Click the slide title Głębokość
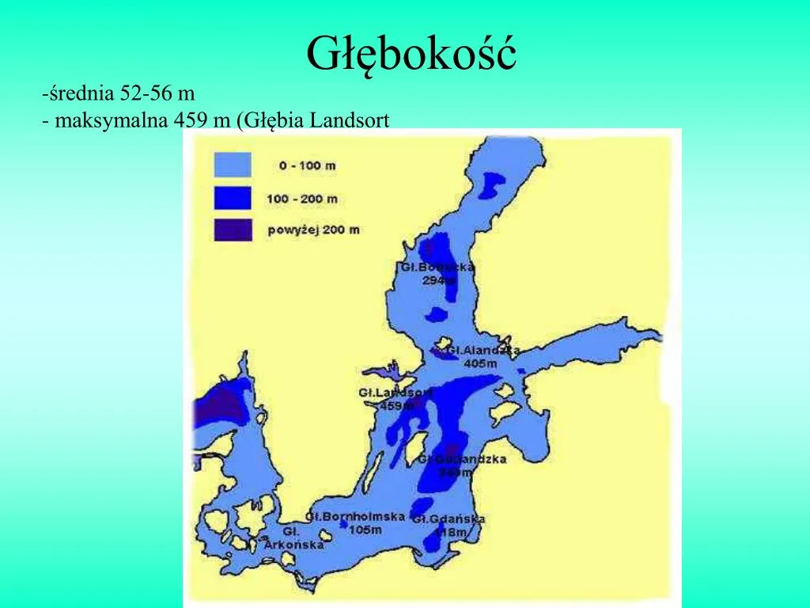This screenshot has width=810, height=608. [x=411, y=54]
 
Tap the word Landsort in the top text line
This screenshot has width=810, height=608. [x=350, y=120]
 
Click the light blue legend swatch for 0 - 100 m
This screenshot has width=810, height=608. [x=233, y=165]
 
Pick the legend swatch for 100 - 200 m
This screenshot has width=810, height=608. [x=233, y=198]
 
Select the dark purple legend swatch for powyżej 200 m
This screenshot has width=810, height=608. [x=233, y=230]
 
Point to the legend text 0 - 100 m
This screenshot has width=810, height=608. [x=307, y=165]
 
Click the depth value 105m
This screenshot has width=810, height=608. [x=365, y=529]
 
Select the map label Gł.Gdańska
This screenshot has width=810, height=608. [x=449, y=519]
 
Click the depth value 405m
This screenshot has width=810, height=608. [x=480, y=363]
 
